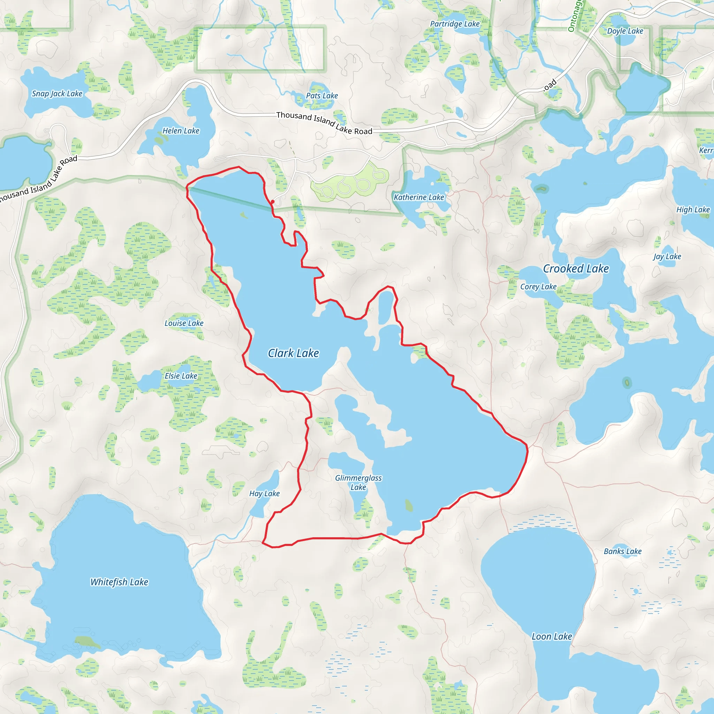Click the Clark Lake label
coord(294,353)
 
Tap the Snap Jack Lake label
coord(57,93)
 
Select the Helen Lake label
coord(181,131)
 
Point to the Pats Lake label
coord(322,96)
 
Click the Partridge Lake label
coord(455,24)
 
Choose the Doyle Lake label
coord(625,31)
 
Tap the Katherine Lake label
coord(419,197)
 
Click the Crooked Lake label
coord(576,269)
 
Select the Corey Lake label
coord(538,287)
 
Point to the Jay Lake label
coord(667,257)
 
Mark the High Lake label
coord(693,210)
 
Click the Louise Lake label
coord(184,324)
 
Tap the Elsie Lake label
coord(181,376)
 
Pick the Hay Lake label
coord(264,494)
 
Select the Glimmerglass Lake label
coord(358,483)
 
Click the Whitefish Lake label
coord(119,583)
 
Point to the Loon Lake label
coord(552,637)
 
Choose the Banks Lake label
coord(623,552)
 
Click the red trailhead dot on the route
coord(273,202)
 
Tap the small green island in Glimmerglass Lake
coord(408,505)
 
